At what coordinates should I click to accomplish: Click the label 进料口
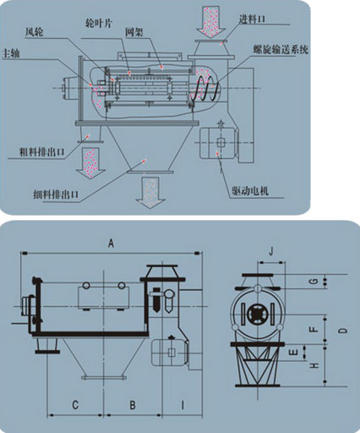[252, 19]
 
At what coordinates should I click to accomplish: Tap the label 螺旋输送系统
[281, 49]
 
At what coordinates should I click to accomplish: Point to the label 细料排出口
[56, 195]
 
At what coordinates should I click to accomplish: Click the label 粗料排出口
[41, 152]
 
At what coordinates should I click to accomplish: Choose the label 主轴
[10, 53]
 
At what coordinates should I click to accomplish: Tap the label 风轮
[35, 32]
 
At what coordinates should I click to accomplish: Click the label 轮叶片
[99, 24]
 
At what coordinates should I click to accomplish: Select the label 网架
[134, 32]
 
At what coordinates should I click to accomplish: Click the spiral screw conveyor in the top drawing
[205, 88]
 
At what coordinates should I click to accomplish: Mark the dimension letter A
[112, 243]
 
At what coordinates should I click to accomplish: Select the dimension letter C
[75, 405]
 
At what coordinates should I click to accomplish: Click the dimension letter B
[133, 405]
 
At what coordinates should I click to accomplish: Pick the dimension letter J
[271, 251]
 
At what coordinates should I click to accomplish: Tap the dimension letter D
[343, 331]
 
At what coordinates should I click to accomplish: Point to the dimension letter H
[314, 365]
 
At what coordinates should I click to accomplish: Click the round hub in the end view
[257, 313]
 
